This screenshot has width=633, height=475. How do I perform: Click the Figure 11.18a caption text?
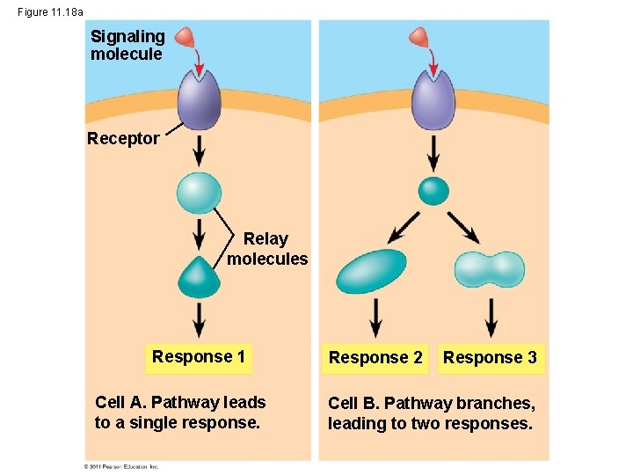(x=50, y=11)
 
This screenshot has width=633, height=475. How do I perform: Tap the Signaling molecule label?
(x=127, y=45)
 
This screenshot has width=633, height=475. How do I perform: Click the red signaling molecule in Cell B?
(x=420, y=37)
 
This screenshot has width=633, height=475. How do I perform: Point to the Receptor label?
(x=123, y=138)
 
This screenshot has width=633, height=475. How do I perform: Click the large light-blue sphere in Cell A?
(x=199, y=194)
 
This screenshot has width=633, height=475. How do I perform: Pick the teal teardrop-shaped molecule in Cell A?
(x=200, y=278)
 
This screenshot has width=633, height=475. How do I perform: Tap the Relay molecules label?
(x=267, y=249)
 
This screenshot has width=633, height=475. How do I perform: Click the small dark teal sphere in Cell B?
(x=433, y=190)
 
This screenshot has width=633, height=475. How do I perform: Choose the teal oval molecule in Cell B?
(x=372, y=271)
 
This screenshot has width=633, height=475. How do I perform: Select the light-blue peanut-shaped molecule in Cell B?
(x=489, y=270)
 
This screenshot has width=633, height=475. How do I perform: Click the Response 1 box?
(x=199, y=357)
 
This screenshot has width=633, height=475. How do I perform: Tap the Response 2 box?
(x=375, y=358)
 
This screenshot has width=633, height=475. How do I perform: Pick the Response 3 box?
(x=490, y=358)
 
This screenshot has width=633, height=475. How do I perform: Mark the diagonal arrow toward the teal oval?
(x=404, y=228)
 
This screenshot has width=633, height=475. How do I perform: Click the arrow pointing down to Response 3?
(x=491, y=318)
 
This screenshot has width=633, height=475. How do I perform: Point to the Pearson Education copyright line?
(x=121, y=466)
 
